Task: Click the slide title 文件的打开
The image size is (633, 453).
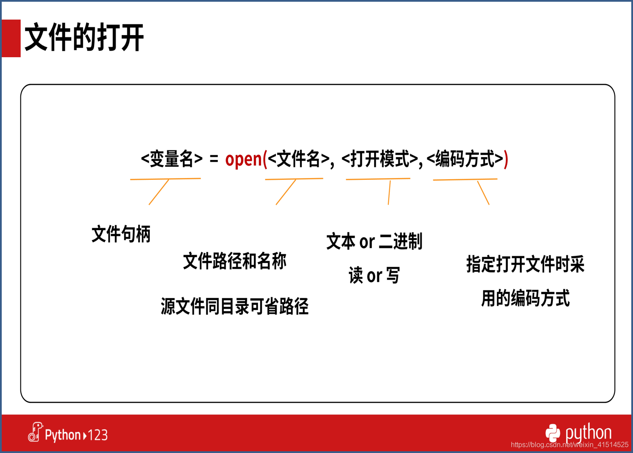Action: (84, 37)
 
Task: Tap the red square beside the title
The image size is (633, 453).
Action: (11, 38)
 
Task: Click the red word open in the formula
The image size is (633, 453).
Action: (244, 159)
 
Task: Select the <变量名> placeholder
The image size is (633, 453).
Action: (172, 159)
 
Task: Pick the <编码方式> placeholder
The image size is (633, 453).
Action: (465, 159)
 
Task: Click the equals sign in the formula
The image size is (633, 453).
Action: (214, 159)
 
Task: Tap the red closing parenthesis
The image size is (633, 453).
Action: (506, 159)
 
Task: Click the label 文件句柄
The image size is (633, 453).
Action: (121, 234)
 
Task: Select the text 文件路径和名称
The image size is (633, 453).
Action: (235, 261)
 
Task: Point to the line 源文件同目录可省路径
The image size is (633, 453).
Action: (235, 306)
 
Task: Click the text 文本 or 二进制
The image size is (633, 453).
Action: (375, 241)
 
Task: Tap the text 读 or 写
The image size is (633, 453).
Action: (374, 275)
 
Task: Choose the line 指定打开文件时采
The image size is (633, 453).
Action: (525, 264)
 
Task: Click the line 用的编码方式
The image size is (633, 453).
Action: (525, 298)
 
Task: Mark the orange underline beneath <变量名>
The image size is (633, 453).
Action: (165, 179)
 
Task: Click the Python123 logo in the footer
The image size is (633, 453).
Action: (68, 433)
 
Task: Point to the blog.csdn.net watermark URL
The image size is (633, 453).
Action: (569, 445)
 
